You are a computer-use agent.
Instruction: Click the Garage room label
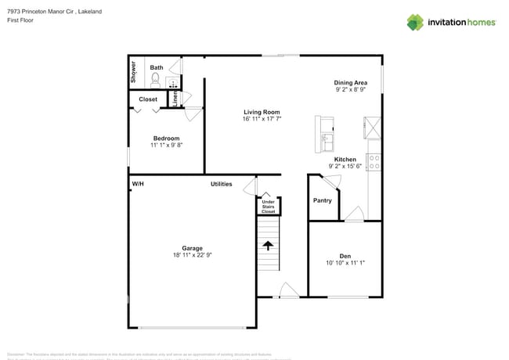pyautogui.click(x=192, y=248)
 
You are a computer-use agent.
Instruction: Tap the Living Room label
pyautogui.click(x=262, y=112)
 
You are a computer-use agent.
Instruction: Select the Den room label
pyautogui.click(x=345, y=256)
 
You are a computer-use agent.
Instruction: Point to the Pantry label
pyautogui.click(x=322, y=200)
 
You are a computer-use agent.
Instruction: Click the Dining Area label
pyautogui.click(x=350, y=82)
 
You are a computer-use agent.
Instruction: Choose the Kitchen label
pyautogui.click(x=345, y=159)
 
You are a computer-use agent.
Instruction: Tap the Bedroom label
pyautogui.click(x=166, y=139)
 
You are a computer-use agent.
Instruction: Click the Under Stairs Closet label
pyautogui.click(x=268, y=207)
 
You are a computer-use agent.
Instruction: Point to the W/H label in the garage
pyautogui.click(x=138, y=184)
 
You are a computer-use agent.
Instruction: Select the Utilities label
pyautogui.click(x=221, y=184)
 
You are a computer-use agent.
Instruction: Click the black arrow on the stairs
pyautogui.click(x=268, y=245)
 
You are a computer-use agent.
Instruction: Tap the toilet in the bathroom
pyautogui.click(x=155, y=79)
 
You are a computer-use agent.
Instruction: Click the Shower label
pyautogui.click(x=134, y=72)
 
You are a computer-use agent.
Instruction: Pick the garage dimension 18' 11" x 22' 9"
pyautogui.click(x=192, y=255)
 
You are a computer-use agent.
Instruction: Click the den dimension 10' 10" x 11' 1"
pyautogui.click(x=345, y=263)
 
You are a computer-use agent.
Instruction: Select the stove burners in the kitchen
pyautogui.click(x=374, y=162)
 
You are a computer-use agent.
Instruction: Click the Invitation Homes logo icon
pyautogui.click(x=415, y=22)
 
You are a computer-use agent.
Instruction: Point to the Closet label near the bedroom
pyautogui.click(x=148, y=99)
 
